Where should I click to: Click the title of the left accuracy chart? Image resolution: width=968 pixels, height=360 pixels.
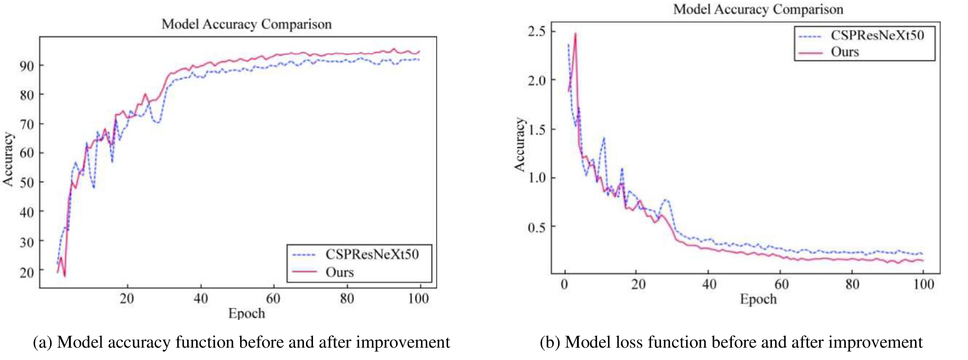pyautogui.click(x=246, y=24)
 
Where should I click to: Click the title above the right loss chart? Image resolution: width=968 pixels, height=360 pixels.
pyautogui.click(x=758, y=9)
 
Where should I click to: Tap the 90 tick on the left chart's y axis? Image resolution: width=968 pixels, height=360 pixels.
pyautogui.click(x=27, y=66)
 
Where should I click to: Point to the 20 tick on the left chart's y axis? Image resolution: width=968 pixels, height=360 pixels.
pyautogui.click(x=27, y=272)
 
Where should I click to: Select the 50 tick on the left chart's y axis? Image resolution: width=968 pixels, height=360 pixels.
pyautogui.click(x=27, y=183)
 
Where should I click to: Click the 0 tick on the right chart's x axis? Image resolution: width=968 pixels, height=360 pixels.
pyautogui.click(x=565, y=284)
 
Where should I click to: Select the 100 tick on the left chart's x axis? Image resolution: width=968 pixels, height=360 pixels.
pyautogui.click(x=418, y=299)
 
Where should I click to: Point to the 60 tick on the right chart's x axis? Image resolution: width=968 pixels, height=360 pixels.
pyautogui.click(x=781, y=284)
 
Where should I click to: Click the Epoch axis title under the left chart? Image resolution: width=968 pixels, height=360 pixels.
pyautogui.click(x=246, y=313)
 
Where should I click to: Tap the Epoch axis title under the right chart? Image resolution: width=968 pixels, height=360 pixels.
pyautogui.click(x=758, y=299)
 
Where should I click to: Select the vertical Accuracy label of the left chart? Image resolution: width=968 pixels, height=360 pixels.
pyautogui.click(x=8, y=159)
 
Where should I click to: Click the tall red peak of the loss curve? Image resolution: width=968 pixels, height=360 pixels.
pyautogui.click(x=575, y=34)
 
